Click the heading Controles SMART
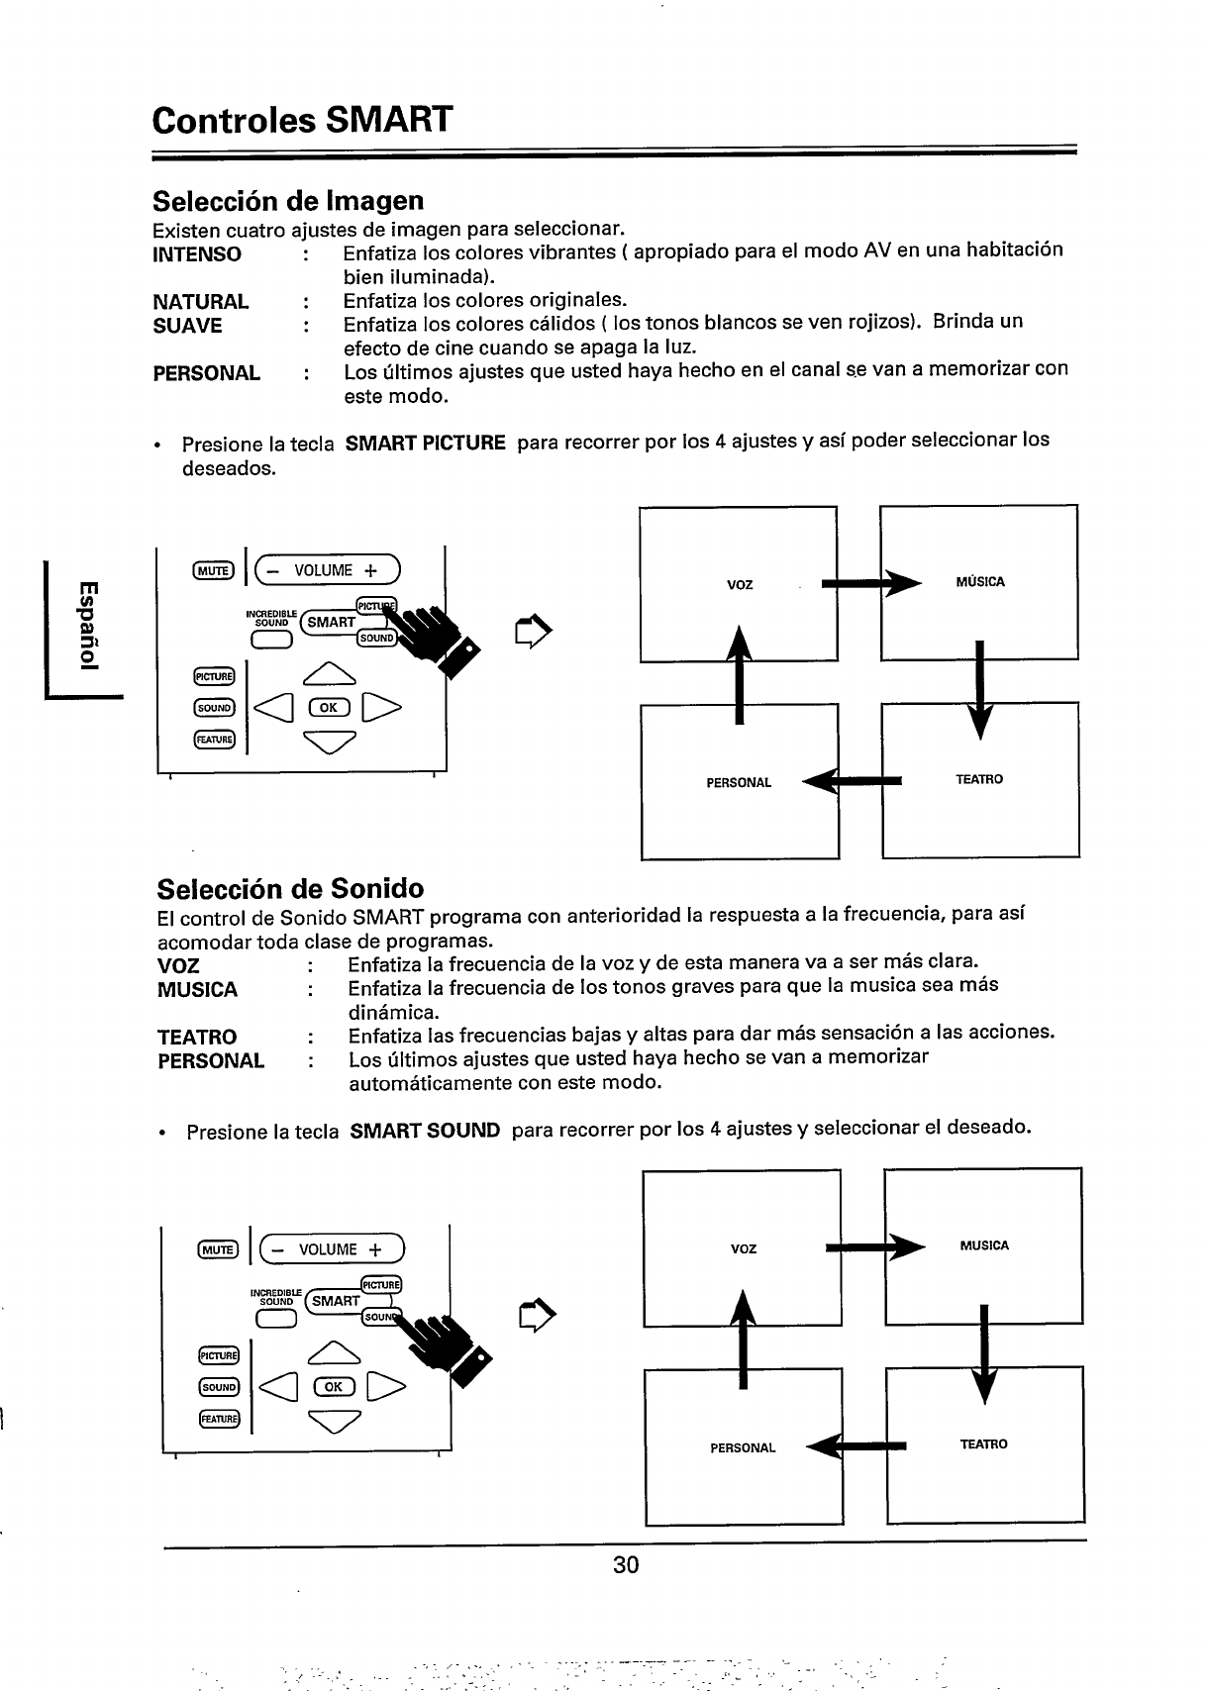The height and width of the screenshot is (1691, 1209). pyautogui.click(x=303, y=120)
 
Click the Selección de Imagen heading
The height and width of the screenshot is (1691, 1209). pyautogui.click(x=288, y=201)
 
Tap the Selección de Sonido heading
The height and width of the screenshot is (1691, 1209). pyautogui.click(x=291, y=887)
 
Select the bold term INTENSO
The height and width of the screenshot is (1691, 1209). pyautogui.click(x=197, y=254)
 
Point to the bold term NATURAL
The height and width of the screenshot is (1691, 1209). pyautogui.click(x=201, y=301)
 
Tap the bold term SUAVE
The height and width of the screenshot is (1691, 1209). pyautogui.click(x=187, y=326)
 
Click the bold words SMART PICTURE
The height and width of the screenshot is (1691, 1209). pyautogui.click(x=426, y=442)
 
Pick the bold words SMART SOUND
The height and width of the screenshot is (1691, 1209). pyautogui.click(x=426, y=1130)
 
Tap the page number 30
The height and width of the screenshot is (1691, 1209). pyautogui.click(x=626, y=1565)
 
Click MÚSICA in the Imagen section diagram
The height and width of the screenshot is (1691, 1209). pyautogui.click(x=980, y=582)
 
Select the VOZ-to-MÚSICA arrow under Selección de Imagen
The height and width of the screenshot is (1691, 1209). pyautogui.click(x=865, y=583)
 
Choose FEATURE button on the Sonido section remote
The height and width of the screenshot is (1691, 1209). pyautogui.click(x=216, y=1419)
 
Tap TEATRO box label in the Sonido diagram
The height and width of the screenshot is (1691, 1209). pyautogui.click(x=983, y=1444)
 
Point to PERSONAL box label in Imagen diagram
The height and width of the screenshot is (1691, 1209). pyautogui.click(x=739, y=783)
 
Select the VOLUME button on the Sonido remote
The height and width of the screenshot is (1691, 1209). pyautogui.click(x=327, y=1249)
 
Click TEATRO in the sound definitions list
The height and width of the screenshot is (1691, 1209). pyautogui.click(x=197, y=1037)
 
